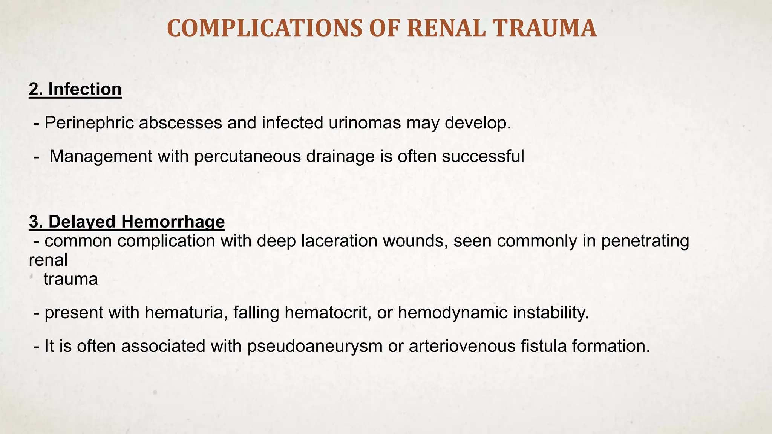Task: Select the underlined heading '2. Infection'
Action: [x=75, y=89]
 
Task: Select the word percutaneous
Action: [x=247, y=156]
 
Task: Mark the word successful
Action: [x=483, y=156]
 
